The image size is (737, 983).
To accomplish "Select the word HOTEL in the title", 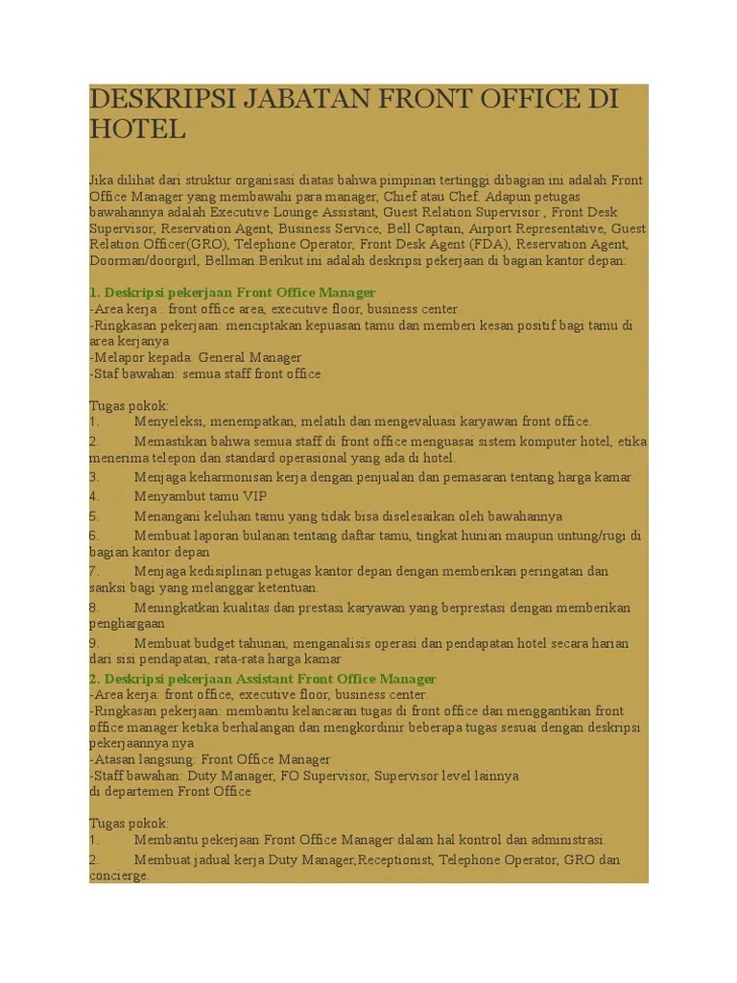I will [138, 130].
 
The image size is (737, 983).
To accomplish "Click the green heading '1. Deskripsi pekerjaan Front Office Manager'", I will [232, 292].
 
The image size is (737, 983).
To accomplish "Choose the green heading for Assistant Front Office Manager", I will [262, 679].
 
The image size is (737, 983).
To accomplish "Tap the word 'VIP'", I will [254, 496].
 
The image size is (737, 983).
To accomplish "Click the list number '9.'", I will [94, 643].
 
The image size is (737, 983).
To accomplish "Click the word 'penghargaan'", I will [127, 624].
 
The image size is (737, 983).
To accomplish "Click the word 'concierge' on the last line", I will [118, 875].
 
